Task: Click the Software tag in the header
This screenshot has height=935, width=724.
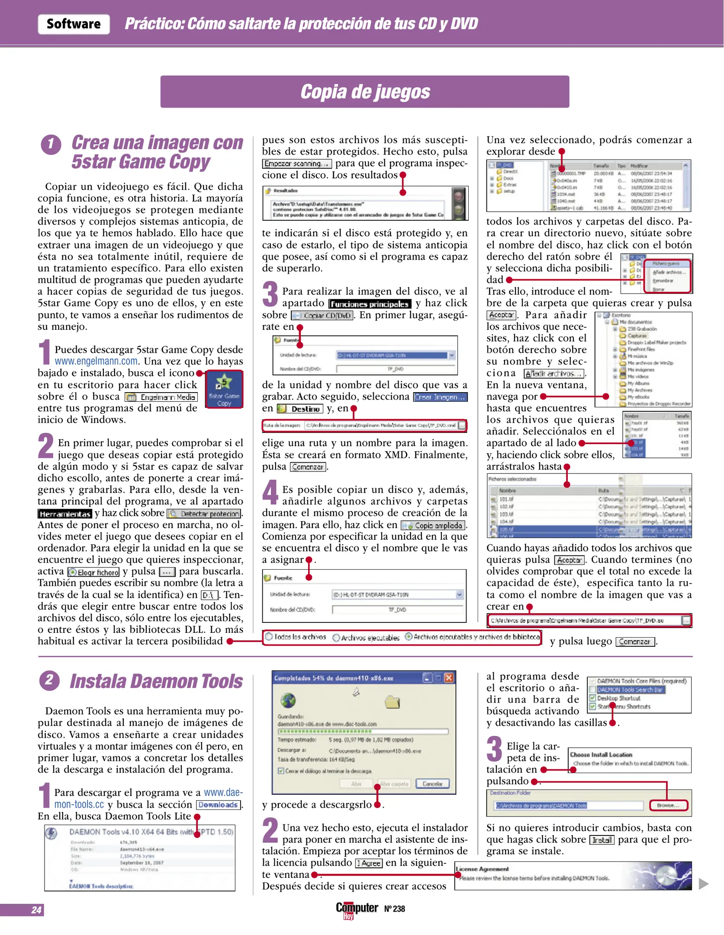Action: pos(74,24)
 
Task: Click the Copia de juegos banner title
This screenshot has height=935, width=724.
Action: pos(365,92)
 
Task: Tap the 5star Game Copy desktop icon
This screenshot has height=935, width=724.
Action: pos(224,389)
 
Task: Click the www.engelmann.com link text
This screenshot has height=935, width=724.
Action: pos(96,361)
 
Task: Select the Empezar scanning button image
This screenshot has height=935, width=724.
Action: pos(296,164)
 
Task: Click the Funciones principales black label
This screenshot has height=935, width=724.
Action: pos(369,304)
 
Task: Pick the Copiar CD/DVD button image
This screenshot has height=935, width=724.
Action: pos(322,316)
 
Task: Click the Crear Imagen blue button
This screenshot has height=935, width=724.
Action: pos(440,397)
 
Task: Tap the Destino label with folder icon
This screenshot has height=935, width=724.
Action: pos(300,409)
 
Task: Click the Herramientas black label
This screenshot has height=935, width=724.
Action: pos(64,514)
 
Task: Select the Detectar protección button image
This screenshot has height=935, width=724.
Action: pos(204,514)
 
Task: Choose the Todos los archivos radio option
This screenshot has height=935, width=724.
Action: pos(296,637)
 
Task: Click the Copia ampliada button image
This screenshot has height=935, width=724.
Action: pos(433,526)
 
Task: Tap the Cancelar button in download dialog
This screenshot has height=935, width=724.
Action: pos(432,784)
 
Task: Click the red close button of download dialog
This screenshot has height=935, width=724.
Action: pos(449,678)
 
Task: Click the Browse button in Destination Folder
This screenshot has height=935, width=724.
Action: pos(668,806)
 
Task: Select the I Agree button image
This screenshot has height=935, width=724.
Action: pos(369,864)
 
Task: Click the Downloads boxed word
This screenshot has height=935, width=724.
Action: pos(218,805)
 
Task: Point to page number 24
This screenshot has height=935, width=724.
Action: pos(36,910)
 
